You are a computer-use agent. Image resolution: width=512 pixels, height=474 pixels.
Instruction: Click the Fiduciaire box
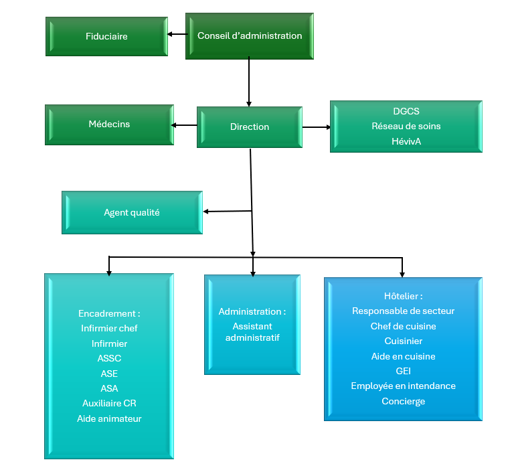(x=107, y=36)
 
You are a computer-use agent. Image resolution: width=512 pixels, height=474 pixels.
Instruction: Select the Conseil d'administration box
(x=250, y=36)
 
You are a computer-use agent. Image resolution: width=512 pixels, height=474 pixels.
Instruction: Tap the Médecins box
(x=109, y=125)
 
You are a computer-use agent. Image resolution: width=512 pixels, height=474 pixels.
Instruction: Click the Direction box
(x=250, y=127)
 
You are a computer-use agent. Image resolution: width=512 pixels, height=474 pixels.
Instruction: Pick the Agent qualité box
(x=133, y=212)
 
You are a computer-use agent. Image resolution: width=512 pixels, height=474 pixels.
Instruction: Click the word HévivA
(x=406, y=141)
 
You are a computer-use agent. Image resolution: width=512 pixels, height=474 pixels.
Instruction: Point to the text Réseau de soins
(x=406, y=126)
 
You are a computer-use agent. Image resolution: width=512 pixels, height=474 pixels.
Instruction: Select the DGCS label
(x=406, y=111)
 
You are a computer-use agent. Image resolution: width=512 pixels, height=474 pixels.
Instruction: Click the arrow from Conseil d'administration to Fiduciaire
(x=177, y=34)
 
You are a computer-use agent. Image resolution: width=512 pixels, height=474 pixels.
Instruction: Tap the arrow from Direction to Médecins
(x=184, y=125)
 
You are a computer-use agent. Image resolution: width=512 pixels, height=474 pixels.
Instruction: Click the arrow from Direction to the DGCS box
(x=317, y=127)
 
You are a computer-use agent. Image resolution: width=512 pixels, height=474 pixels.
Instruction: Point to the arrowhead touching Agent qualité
(x=205, y=212)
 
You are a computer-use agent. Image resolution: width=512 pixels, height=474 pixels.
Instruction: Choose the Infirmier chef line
(x=109, y=328)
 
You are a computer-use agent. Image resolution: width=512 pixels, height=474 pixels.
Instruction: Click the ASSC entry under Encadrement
(x=109, y=358)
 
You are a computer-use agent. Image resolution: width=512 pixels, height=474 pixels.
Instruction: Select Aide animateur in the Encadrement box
(x=109, y=418)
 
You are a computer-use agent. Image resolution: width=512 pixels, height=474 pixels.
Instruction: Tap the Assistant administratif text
(x=252, y=332)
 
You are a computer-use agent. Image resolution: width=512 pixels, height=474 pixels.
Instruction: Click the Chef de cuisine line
(x=404, y=326)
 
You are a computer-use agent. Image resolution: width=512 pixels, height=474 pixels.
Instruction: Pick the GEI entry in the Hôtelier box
(x=404, y=371)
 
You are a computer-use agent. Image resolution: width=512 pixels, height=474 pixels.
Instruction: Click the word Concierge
(x=404, y=401)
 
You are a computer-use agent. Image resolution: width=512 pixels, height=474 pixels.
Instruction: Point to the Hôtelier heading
(x=404, y=296)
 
